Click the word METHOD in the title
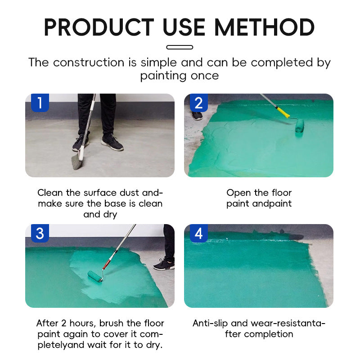coord(264,27)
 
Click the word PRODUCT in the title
coord(99,27)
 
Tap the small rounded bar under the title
coord(180,47)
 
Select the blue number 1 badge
coord(40,103)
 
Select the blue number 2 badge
coord(199,103)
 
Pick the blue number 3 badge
coord(40,233)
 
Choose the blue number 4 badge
coord(199,233)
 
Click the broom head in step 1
coord(77,162)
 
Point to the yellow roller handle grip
coord(283,112)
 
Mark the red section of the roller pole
coord(107,263)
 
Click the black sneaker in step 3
coord(164,265)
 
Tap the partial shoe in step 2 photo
coord(197,116)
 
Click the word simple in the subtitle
coord(159,63)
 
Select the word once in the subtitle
coord(205,76)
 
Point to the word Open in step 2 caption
coord(237,193)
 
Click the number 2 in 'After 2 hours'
coord(64,323)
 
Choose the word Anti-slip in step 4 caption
coord(210,324)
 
